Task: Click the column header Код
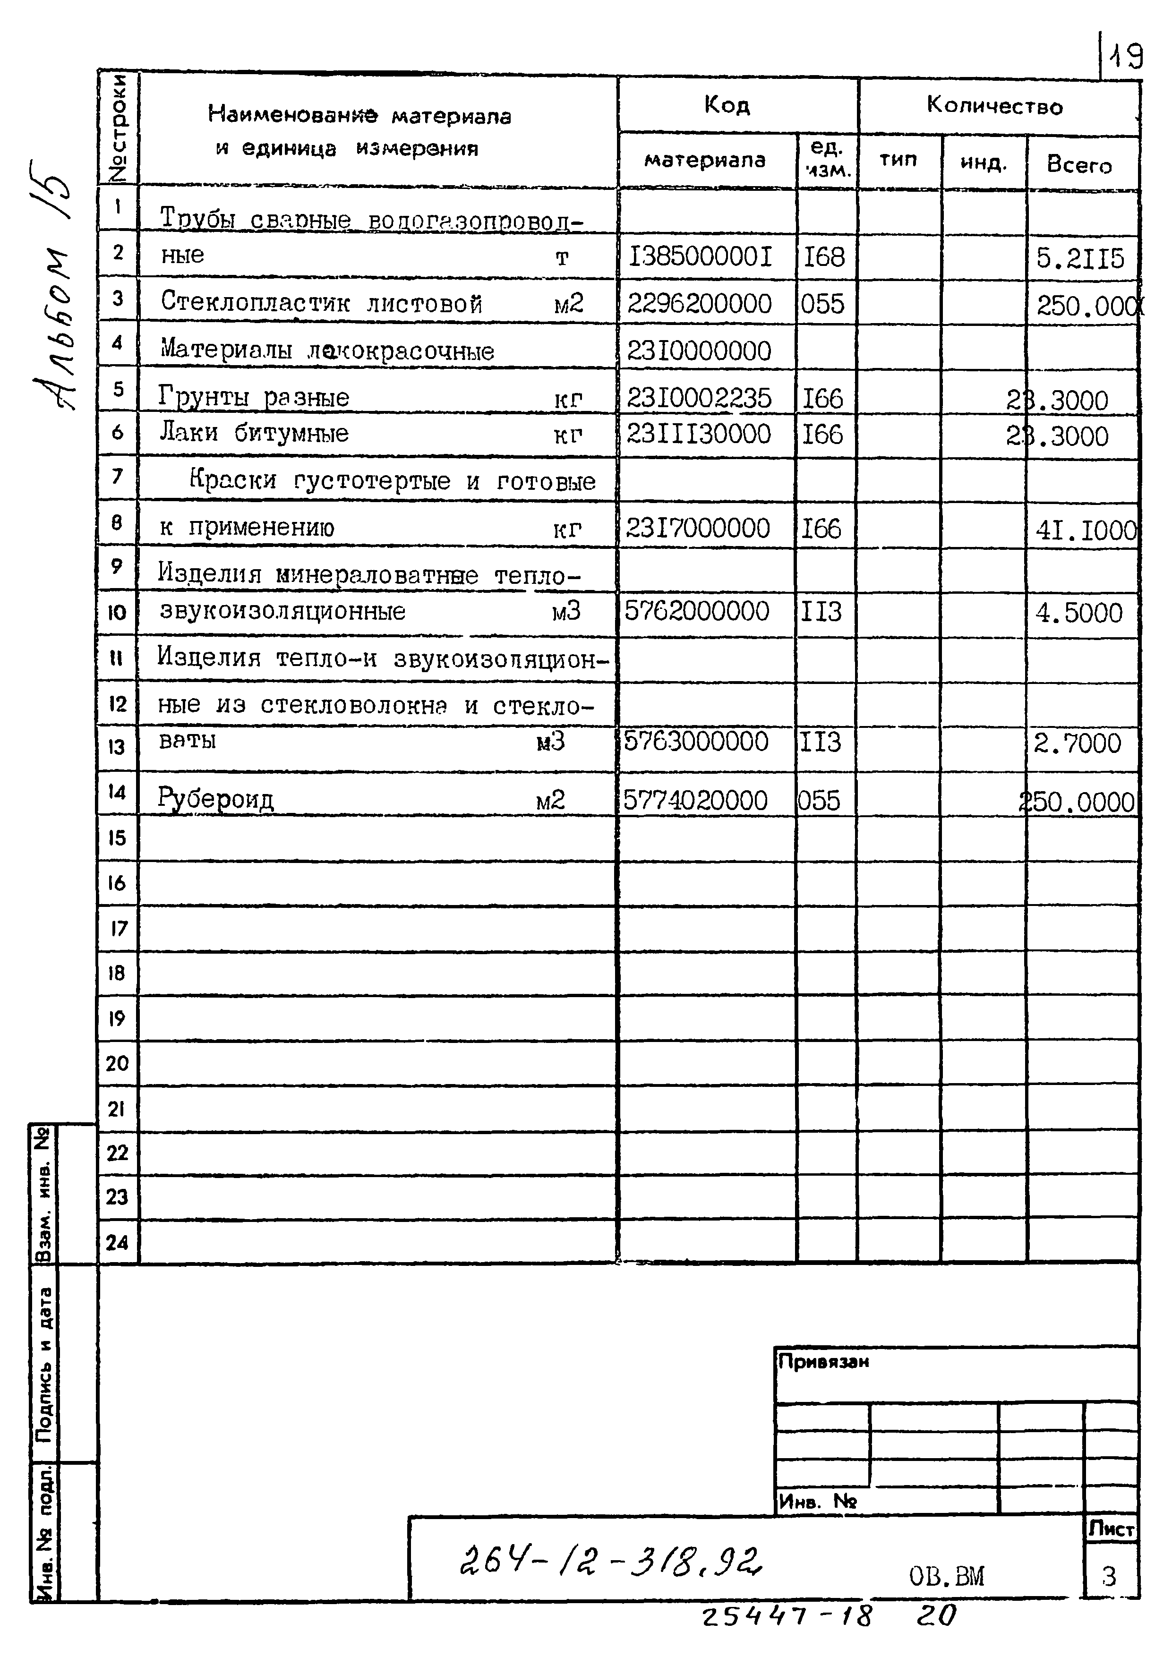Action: [727, 105]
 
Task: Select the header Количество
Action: [994, 107]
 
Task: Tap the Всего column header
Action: [1079, 165]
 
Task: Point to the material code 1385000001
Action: [701, 257]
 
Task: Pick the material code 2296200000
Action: [699, 304]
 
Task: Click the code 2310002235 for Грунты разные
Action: [699, 398]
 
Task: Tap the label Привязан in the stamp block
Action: [823, 1362]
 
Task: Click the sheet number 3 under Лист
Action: [1109, 1577]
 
